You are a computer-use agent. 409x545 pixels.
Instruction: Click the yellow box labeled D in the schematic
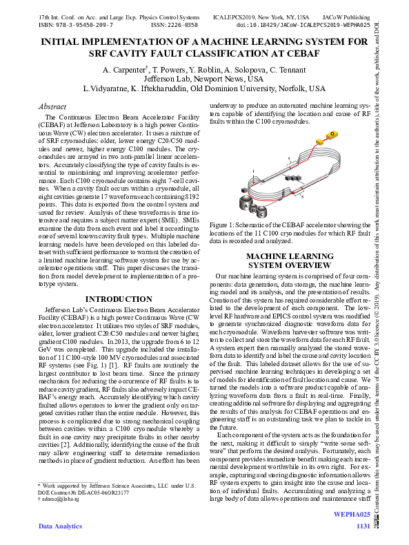332,133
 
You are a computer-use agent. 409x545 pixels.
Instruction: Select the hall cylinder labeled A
243,204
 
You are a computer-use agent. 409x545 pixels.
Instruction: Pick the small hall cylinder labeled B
252,209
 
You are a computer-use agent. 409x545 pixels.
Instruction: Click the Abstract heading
52,107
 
